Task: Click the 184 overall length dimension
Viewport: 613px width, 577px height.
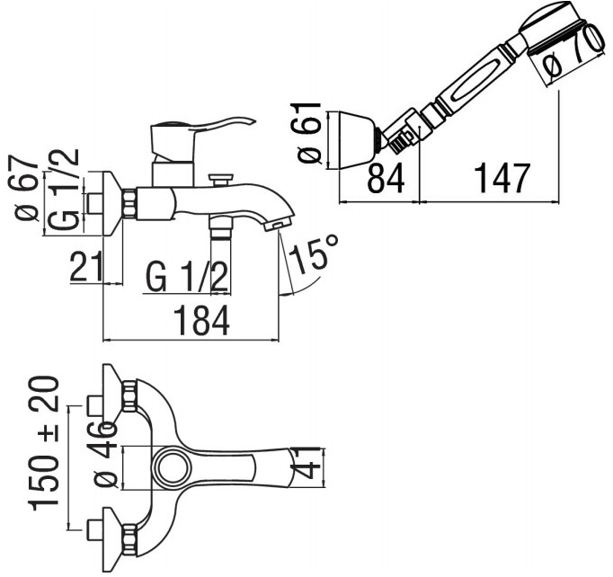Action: click(201, 321)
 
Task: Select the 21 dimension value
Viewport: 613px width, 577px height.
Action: click(85, 267)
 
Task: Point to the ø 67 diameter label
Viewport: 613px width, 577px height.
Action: click(26, 188)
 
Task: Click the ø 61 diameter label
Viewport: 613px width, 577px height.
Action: click(309, 132)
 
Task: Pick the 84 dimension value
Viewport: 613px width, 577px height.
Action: click(386, 178)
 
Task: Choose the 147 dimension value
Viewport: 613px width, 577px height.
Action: click(502, 178)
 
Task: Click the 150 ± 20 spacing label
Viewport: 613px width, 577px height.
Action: click(44, 443)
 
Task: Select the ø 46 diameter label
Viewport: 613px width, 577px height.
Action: click(104, 454)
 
